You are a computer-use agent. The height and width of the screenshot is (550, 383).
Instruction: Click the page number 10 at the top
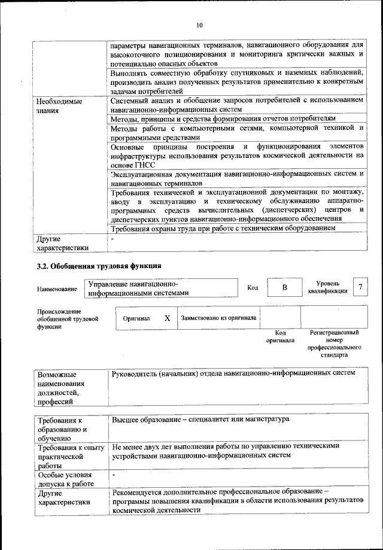(x=199, y=25)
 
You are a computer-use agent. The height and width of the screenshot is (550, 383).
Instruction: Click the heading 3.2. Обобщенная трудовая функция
(x=99, y=265)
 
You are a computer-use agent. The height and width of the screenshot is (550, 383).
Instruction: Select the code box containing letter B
(x=284, y=288)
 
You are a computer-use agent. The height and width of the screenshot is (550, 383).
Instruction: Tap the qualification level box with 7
(x=360, y=287)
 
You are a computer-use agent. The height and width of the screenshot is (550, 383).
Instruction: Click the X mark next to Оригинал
(x=167, y=318)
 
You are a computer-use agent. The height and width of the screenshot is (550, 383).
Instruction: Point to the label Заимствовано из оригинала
(x=218, y=318)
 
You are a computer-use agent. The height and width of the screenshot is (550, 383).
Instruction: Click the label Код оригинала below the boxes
(x=280, y=336)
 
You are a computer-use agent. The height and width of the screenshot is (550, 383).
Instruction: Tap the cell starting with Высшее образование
(x=200, y=419)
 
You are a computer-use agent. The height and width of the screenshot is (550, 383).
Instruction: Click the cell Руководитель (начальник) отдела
(x=233, y=373)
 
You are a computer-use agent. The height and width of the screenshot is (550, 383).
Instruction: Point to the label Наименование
(x=57, y=289)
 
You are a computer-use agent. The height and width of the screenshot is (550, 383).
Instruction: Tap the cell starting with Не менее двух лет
(x=225, y=451)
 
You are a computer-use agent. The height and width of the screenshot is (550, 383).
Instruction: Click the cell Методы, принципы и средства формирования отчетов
(x=228, y=119)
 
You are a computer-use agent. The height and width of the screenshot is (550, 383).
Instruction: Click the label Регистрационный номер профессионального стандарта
(x=334, y=344)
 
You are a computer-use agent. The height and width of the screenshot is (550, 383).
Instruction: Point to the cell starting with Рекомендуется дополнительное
(x=237, y=500)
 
